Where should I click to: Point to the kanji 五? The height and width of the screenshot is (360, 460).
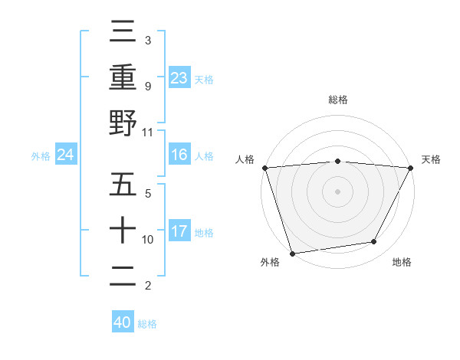coord(123,185)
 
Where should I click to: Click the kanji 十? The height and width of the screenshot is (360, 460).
coord(123,231)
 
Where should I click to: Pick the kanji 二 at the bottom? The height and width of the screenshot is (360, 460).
coord(123,277)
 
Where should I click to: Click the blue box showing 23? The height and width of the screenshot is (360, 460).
coord(179,77)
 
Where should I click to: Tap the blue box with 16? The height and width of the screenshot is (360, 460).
coord(179,155)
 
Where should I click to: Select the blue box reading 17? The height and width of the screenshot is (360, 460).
coord(179,231)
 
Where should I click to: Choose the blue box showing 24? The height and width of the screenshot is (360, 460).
coord(66,155)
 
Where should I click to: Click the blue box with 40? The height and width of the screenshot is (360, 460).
coord(123,322)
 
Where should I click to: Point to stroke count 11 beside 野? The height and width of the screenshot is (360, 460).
coord(148,132)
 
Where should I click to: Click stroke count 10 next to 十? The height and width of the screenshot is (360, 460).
coord(148,240)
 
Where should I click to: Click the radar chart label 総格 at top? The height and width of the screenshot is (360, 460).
coord(337,100)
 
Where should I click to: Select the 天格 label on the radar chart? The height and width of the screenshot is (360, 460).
coord(431,159)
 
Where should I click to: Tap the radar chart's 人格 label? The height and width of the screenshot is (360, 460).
coord(245,159)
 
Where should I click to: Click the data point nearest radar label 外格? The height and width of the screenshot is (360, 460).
coord(292,253)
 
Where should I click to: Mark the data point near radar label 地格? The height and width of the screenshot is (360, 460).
coord(374,242)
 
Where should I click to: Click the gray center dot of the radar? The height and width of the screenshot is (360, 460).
coord(337,191)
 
